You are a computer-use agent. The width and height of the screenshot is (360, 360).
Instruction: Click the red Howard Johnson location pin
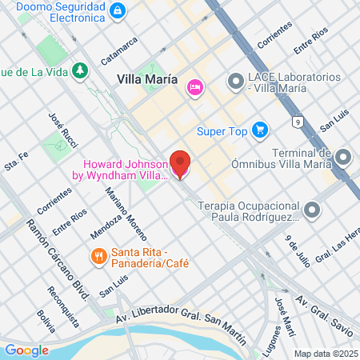coord(182,164)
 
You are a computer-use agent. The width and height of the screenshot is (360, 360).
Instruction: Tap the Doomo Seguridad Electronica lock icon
coord(118,10)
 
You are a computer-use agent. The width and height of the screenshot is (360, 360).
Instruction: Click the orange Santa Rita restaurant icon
coord(98,256)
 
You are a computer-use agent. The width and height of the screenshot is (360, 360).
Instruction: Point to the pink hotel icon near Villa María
coord(194,87)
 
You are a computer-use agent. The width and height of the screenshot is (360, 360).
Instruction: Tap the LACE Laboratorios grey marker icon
coord(235,81)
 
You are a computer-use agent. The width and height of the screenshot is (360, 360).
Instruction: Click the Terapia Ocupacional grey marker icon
coord(312,210)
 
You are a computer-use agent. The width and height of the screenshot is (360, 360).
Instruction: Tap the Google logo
coord(26,350)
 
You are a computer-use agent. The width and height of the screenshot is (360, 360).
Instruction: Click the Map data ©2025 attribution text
coord(323,353)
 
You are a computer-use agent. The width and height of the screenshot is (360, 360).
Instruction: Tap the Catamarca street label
coord(125,54)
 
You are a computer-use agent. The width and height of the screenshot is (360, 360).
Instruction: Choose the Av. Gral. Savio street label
coord(325,310)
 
